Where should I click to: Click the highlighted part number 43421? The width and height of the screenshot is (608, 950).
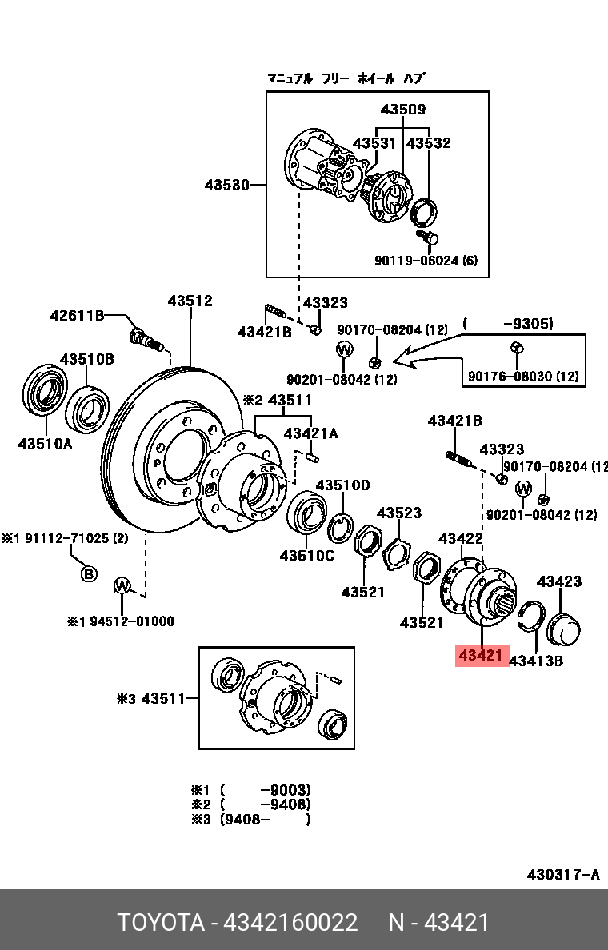[482, 655]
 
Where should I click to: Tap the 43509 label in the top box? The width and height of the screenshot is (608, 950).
[403, 109]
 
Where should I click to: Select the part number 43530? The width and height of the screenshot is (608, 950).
[226, 184]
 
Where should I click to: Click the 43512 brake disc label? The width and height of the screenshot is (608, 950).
[190, 301]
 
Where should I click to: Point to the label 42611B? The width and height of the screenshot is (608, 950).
[77, 315]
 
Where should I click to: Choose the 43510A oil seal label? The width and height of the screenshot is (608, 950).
[45, 444]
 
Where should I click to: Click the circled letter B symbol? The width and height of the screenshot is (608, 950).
[89, 573]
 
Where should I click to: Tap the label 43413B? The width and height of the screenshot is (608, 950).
[536, 661]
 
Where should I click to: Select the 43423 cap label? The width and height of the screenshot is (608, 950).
[559, 581]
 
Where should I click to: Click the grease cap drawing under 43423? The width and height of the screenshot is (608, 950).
[563, 629]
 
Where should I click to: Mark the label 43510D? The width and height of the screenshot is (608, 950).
[342, 485]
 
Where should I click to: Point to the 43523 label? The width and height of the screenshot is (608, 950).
[399, 513]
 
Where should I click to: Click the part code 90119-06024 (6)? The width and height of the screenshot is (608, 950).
[426, 261]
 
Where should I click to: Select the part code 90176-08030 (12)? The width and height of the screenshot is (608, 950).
[523, 377]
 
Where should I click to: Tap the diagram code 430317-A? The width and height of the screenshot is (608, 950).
[563, 874]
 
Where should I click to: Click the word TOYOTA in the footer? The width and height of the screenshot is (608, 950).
[161, 923]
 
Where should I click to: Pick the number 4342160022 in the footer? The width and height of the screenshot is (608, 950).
[291, 923]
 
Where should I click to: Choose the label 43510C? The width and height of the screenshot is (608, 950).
[306, 555]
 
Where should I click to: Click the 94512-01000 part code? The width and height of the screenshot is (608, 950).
[131, 621]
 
